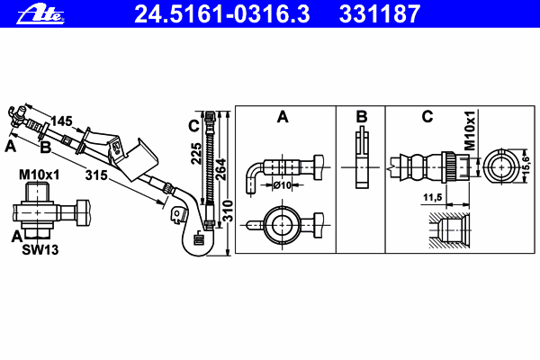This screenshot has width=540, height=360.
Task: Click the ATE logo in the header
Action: pos(40,15)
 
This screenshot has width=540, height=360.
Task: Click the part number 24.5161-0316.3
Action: pos(222,14)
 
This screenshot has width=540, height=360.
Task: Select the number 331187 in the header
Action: pos(380,14)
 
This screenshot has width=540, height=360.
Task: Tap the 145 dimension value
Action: pos(61,121)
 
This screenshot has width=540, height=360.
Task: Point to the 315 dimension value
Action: pos(96,175)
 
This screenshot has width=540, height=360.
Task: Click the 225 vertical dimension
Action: pos(196,153)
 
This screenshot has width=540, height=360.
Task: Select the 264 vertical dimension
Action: pos(220,169)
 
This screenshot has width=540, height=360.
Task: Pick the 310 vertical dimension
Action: pos(228,211)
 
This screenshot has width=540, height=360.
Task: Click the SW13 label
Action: pos(40,250)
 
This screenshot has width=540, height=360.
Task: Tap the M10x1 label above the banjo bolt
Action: pos(40,175)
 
